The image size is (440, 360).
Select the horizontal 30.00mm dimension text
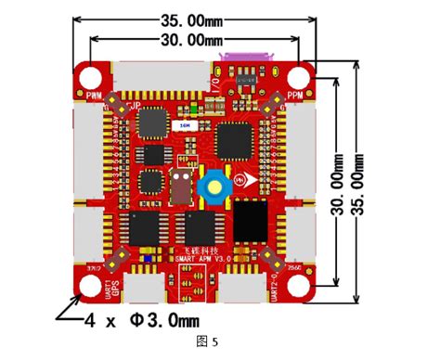(x=193, y=40)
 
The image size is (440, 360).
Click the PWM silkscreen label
(x=94, y=96)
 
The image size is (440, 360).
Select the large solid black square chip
(x=249, y=221)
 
